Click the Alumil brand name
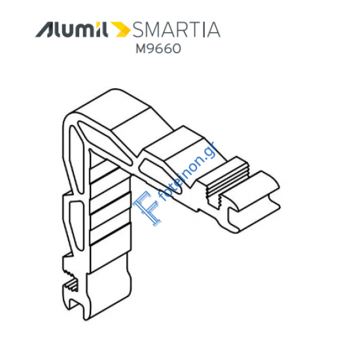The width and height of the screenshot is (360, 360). (x=71, y=29)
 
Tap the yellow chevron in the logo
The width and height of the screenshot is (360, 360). (x=120, y=29)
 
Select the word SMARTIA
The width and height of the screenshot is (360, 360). (x=176, y=29)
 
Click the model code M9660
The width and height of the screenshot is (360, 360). (x=158, y=48)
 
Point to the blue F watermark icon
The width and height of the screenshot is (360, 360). (x=146, y=207)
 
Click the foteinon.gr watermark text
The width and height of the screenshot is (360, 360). (x=189, y=171)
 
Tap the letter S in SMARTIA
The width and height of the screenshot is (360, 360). (x=138, y=29)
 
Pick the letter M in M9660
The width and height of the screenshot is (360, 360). (x=141, y=48)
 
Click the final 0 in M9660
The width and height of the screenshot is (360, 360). (x=176, y=48)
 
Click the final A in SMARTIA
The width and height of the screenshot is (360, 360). (x=213, y=29)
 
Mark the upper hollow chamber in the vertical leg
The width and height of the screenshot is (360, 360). (x=75, y=158)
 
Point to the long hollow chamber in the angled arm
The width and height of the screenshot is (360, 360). (x=105, y=142)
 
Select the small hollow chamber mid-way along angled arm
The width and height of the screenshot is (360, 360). (x=161, y=175)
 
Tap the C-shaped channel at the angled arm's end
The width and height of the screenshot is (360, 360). (x=253, y=202)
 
